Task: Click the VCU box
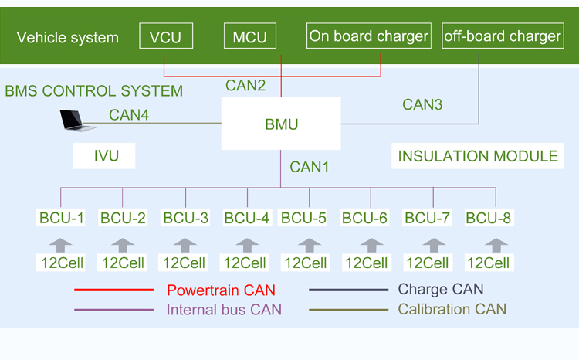click(x=166, y=36)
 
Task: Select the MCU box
click(x=250, y=36)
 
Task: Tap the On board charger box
click(x=368, y=36)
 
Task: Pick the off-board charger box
click(x=502, y=36)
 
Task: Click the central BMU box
click(x=281, y=124)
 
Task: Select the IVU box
click(x=104, y=156)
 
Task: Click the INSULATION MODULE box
click(x=478, y=156)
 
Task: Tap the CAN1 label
click(x=310, y=166)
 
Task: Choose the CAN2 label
click(x=245, y=86)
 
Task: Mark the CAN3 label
click(x=422, y=104)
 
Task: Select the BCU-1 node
click(x=61, y=218)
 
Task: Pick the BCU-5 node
click(x=303, y=218)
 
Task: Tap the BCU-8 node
click(x=489, y=218)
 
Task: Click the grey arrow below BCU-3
click(x=185, y=244)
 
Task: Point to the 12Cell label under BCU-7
click(x=427, y=263)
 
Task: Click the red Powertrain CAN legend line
click(x=113, y=290)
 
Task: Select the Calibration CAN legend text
click(x=452, y=310)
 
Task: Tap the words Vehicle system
click(x=68, y=37)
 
